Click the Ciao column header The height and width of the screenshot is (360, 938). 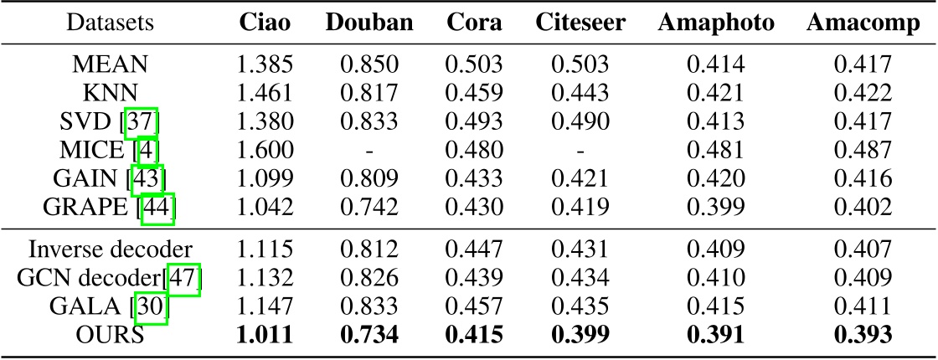coord(264,23)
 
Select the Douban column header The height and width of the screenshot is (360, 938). coord(369,23)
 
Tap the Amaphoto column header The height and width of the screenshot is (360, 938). coord(703,23)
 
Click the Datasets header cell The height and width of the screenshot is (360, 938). coord(111,23)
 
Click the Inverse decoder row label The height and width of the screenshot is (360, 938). coord(111,249)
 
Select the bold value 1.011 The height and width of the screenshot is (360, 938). coord(264,335)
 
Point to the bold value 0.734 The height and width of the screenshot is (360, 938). coord(369,335)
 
